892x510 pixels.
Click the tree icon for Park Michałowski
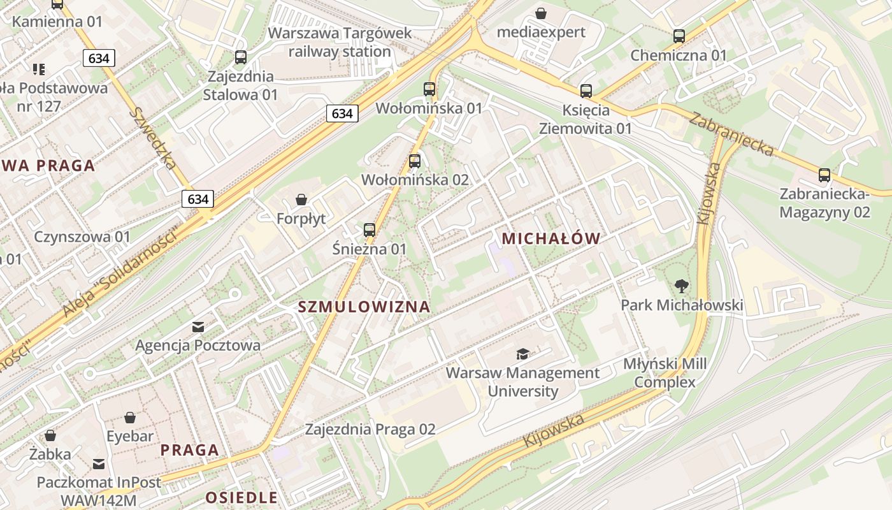(x=682, y=286)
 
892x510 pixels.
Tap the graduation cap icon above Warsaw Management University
(x=522, y=354)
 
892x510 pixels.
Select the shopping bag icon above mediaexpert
(x=541, y=13)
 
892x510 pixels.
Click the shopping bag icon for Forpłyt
(x=301, y=200)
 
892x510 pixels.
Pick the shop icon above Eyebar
(x=130, y=418)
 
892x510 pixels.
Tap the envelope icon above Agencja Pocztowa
(x=198, y=327)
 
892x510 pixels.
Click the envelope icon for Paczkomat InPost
(x=99, y=463)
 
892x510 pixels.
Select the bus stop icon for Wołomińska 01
(x=429, y=89)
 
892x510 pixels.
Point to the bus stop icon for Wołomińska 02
(x=415, y=161)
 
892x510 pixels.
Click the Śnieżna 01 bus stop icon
(x=370, y=230)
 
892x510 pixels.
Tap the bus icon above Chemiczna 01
(x=679, y=36)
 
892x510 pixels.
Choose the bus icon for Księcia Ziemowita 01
(x=586, y=91)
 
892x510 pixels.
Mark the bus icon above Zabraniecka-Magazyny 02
(x=824, y=175)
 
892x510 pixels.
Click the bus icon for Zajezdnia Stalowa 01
(x=241, y=57)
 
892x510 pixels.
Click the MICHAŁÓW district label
(x=551, y=239)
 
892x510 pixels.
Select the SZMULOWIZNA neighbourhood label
(x=364, y=307)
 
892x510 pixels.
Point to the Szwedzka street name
(x=153, y=138)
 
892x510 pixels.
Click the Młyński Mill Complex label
(x=665, y=373)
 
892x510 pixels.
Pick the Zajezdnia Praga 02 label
(x=370, y=429)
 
